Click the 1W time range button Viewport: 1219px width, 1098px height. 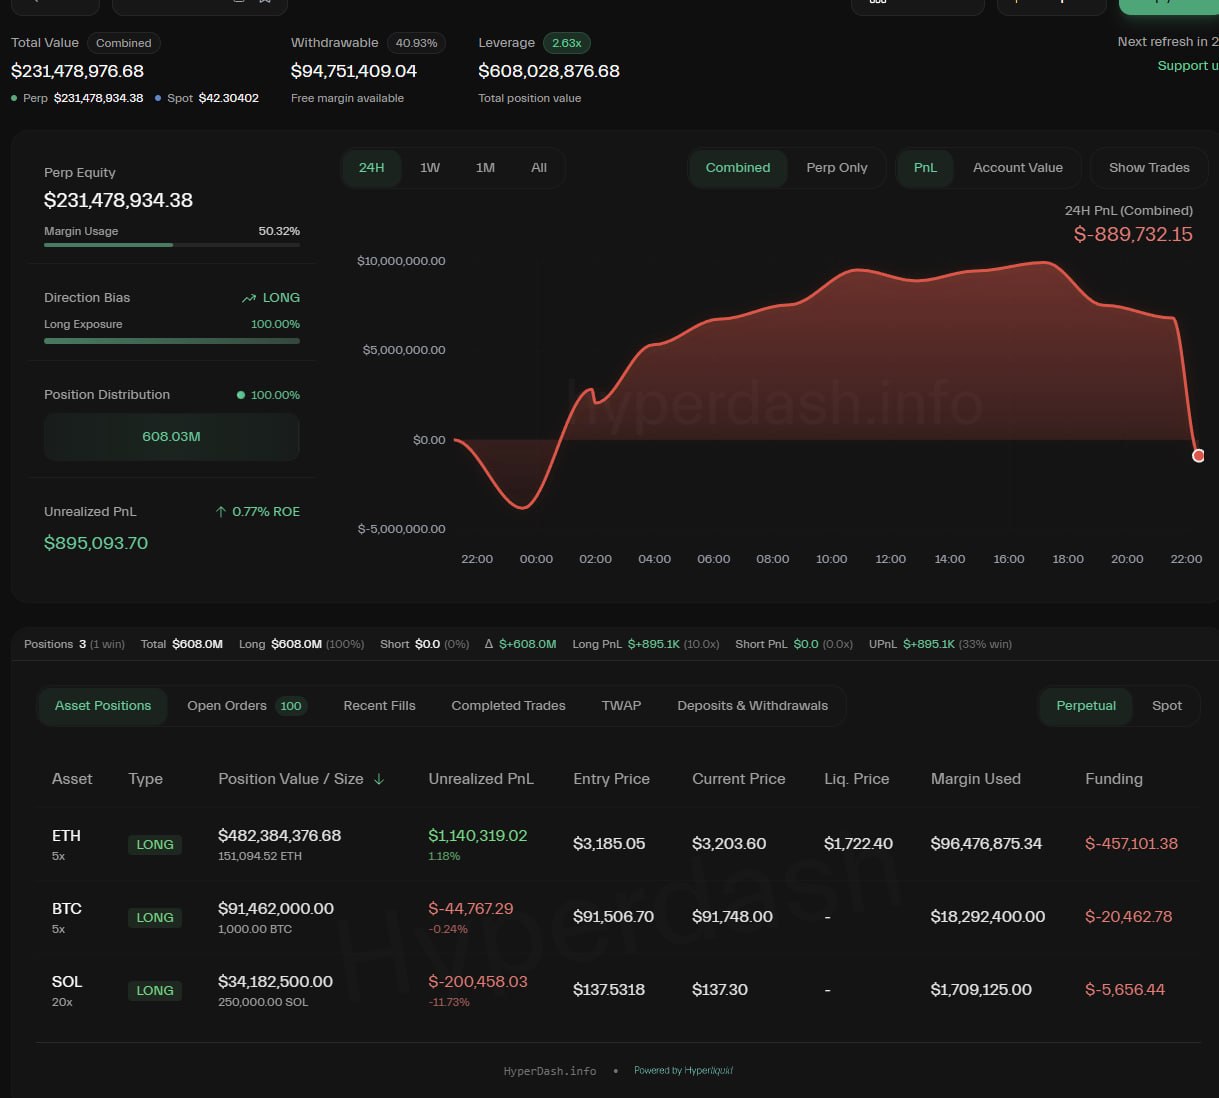[x=430, y=168]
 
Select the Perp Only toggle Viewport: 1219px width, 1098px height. [x=837, y=168]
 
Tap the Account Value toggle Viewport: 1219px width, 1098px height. [x=1017, y=168]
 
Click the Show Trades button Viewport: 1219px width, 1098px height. [x=1149, y=168]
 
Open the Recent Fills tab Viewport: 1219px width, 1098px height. [x=379, y=706]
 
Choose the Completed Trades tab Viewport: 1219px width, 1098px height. [x=508, y=706]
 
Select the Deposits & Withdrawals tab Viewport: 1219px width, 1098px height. [x=752, y=706]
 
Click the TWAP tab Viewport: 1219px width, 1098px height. [x=621, y=706]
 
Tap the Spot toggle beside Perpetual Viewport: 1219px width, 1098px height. [x=1166, y=706]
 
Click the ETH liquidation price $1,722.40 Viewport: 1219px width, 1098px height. [x=858, y=844]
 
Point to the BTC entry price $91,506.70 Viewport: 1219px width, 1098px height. [x=613, y=917]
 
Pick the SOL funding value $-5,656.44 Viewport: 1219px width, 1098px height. [x=1125, y=990]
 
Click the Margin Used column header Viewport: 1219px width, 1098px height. [x=975, y=779]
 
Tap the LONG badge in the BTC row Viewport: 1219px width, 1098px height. [x=155, y=918]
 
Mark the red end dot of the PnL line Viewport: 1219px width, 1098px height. [x=1198, y=456]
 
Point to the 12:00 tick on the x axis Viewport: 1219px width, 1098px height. [x=890, y=559]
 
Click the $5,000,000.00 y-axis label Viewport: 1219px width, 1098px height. [x=404, y=350]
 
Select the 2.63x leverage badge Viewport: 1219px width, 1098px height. [x=566, y=43]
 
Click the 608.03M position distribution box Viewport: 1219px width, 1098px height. [x=171, y=437]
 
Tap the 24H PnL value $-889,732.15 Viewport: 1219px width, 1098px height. [x=1133, y=235]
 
